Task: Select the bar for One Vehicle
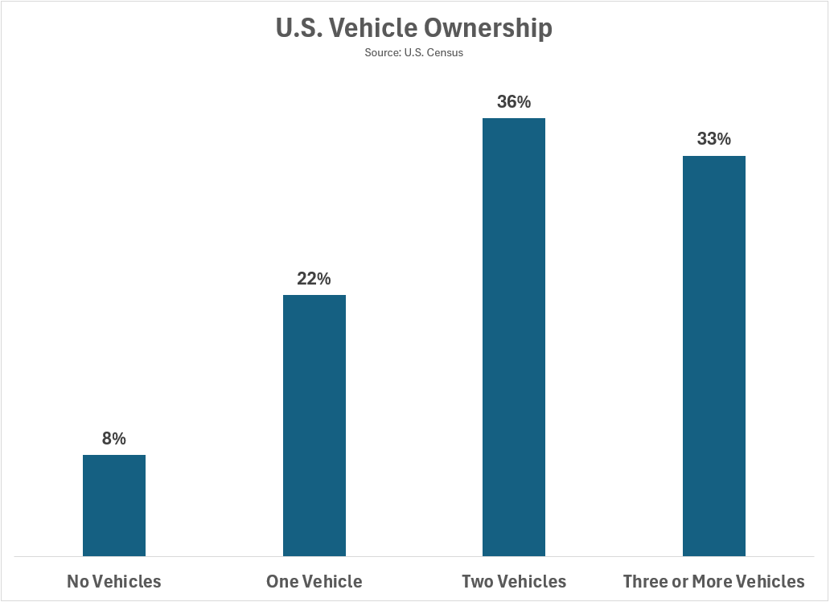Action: pyautogui.click(x=314, y=425)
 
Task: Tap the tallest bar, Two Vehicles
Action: pyautogui.click(x=514, y=337)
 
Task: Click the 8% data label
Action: pyautogui.click(x=114, y=439)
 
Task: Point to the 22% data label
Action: pyautogui.click(x=314, y=279)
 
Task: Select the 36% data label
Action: pyautogui.click(x=514, y=102)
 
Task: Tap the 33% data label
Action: pyautogui.click(x=714, y=139)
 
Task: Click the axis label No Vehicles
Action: pyautogui.click(x=114, y=581)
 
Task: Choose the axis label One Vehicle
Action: pyautogui.click(x=314, y=581)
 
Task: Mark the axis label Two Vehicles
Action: pyautogui.click(x=514, y=581)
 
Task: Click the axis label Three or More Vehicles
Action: pyautogui.click(x=714, y=581)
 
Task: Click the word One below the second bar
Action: pyautogui.click(x=282, y=581)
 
